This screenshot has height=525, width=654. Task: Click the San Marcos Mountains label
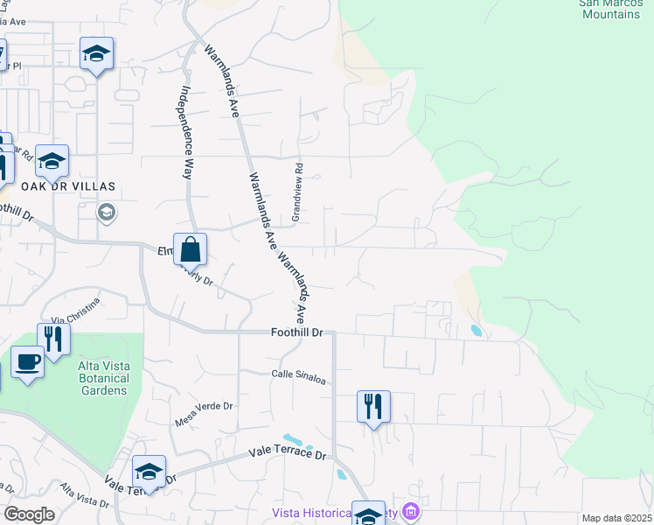[610, 9]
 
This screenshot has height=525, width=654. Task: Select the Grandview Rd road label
[297, 192]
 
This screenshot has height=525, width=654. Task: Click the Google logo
[30, 514]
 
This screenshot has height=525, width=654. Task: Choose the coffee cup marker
[27, 361]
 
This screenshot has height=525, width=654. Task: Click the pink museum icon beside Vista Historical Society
[411, 512]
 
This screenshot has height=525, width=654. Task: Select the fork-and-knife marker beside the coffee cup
[54, 339]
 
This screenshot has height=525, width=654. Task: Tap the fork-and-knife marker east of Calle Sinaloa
[373, 406]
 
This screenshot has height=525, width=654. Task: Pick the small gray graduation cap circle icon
[107, 213]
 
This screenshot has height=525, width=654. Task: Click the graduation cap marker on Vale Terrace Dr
[150, 472]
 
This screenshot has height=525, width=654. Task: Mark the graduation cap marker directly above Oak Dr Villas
[52, 161]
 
